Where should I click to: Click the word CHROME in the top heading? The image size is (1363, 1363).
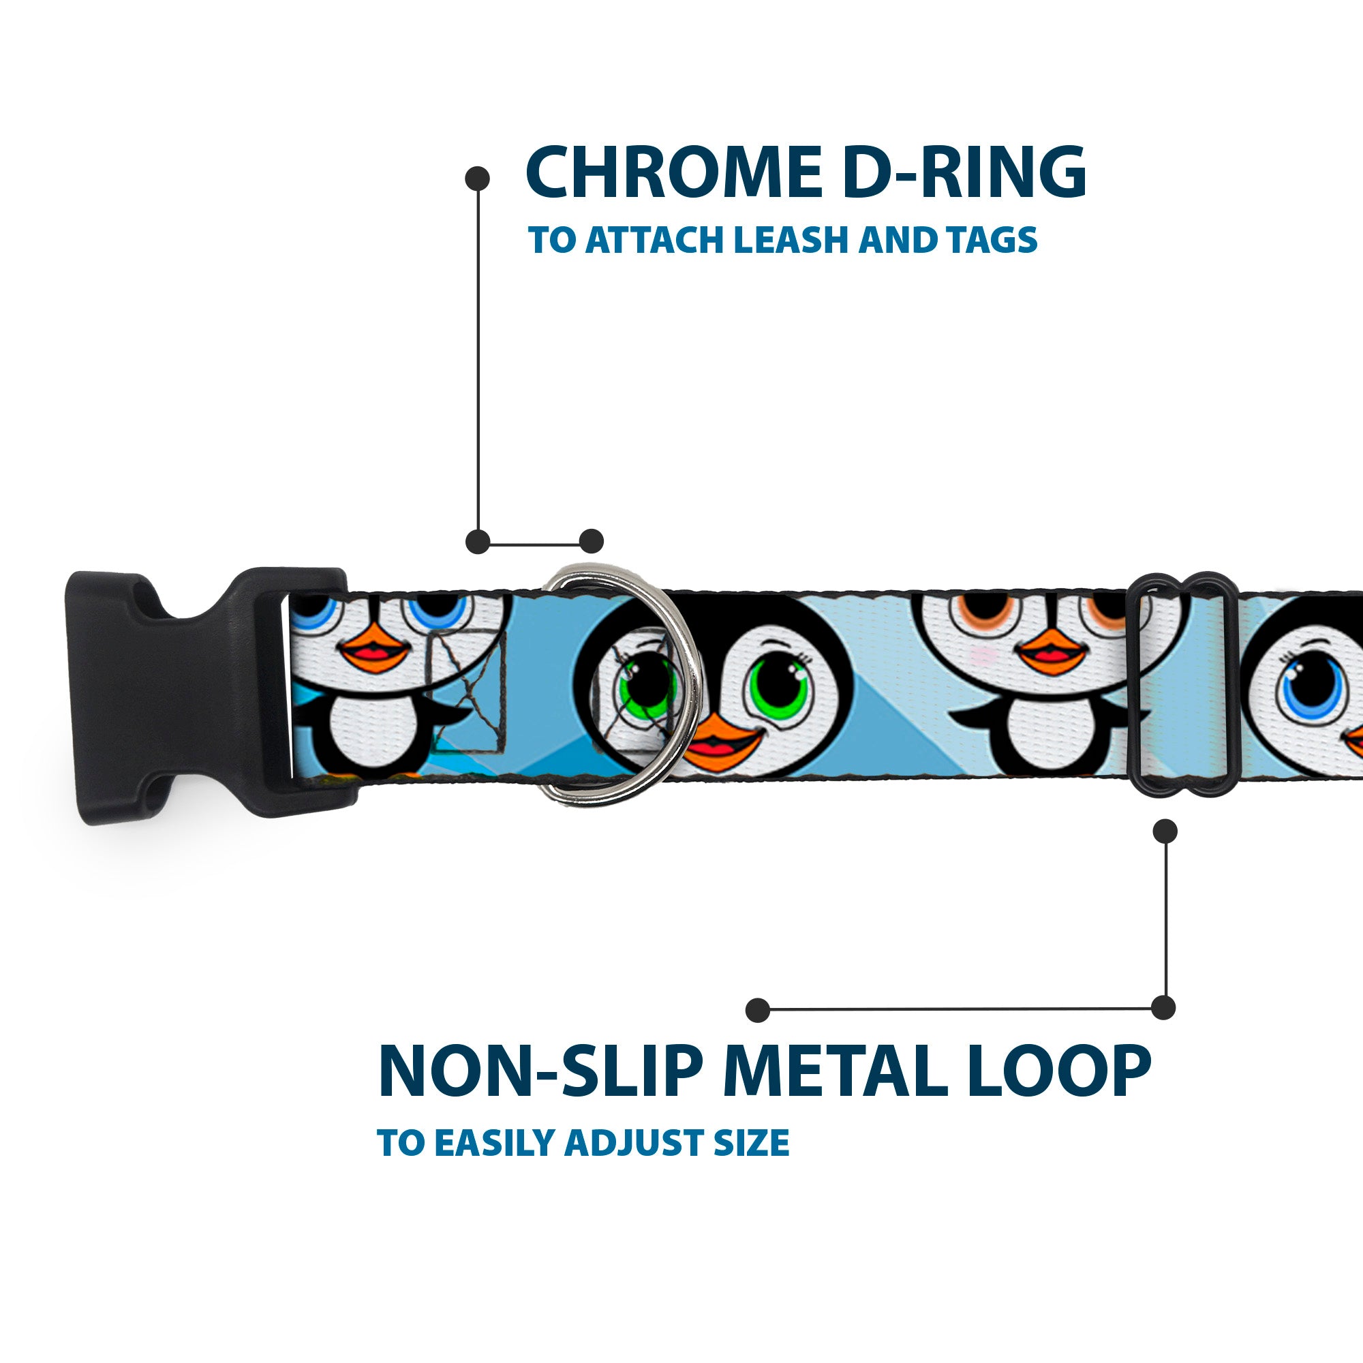675,172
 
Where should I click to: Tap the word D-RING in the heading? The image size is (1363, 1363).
965,172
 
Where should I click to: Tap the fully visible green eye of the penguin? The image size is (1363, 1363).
780,684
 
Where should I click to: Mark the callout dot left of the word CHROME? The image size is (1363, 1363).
478,179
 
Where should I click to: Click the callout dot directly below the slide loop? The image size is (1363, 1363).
1165,831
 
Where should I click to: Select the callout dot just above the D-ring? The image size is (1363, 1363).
591,541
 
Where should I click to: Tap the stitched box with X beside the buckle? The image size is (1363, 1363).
468,689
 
